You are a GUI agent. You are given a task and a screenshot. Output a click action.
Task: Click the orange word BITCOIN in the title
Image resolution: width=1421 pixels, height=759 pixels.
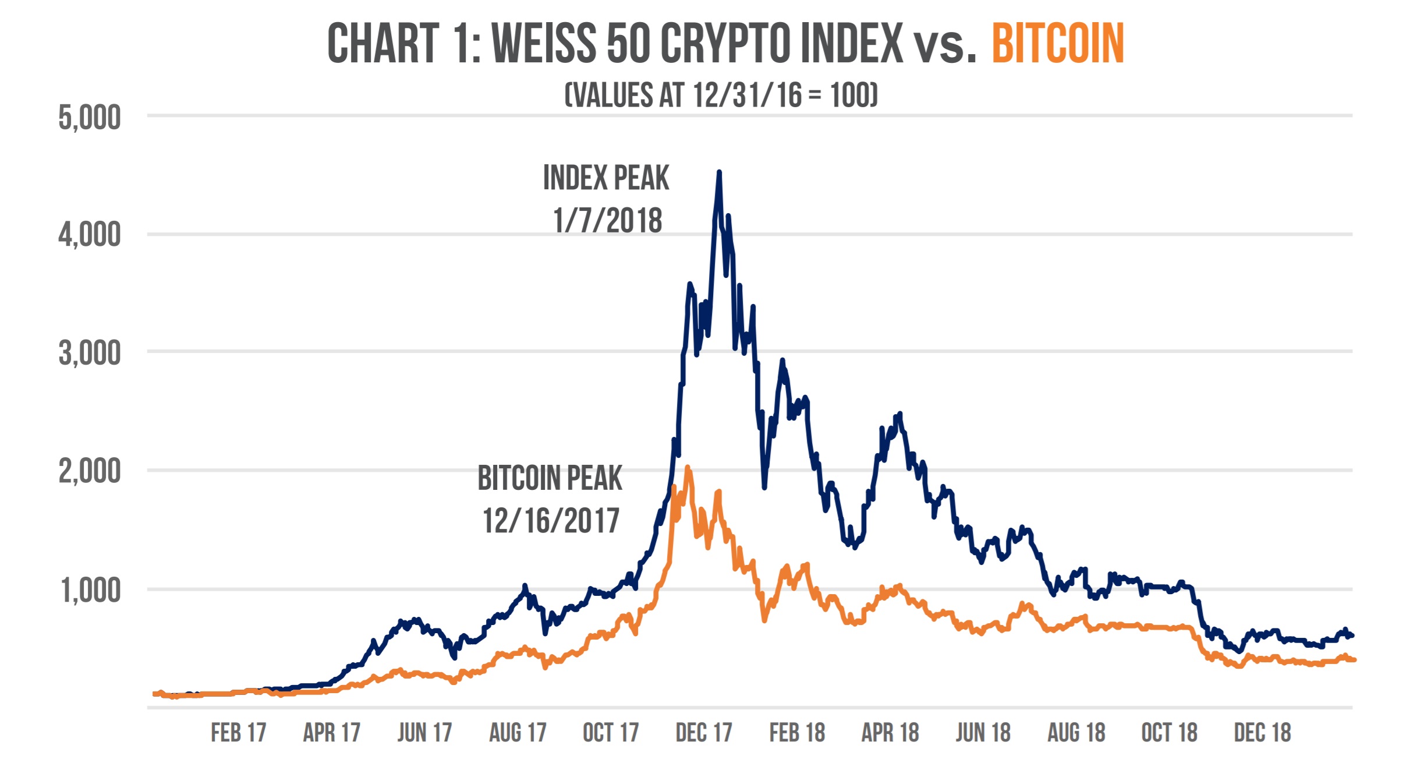point(1057,44)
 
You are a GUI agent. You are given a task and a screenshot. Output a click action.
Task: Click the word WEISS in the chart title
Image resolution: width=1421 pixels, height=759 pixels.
point(544,44)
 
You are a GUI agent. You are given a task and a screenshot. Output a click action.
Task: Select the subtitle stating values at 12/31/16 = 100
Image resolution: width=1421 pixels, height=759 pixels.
point(721,95)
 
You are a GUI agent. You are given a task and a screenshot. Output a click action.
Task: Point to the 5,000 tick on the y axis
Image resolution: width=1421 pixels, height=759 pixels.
point(90,118)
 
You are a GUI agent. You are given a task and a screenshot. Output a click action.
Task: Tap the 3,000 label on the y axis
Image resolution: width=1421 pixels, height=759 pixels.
point(90,353)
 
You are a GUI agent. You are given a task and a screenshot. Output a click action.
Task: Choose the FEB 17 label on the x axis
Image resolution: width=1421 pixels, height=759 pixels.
point(238,733)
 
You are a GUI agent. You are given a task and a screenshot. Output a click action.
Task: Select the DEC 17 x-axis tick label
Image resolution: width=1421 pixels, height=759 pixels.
point(703,733)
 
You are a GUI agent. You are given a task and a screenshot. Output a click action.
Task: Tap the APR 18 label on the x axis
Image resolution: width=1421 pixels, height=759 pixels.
point(890,733)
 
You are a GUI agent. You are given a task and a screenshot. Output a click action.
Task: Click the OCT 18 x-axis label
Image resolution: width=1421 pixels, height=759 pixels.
point(1169,733)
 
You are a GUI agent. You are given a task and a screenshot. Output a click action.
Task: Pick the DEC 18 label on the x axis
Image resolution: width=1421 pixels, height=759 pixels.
point(1262,733)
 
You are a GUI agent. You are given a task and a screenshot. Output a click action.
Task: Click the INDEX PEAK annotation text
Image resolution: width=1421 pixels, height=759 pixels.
point(606,178)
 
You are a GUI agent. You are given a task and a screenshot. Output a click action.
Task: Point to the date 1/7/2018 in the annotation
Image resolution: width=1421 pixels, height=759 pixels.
point(607,221)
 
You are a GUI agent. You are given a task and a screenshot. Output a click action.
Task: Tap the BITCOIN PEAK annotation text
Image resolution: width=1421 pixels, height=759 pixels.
point(550,478)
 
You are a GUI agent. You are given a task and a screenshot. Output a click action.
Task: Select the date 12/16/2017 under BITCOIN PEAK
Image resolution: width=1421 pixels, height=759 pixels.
point(551,521)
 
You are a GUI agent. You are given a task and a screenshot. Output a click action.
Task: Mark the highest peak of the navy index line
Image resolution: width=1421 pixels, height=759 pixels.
point(719,172)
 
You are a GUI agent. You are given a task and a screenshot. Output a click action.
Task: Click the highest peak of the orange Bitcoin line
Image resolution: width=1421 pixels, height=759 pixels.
point(688,467)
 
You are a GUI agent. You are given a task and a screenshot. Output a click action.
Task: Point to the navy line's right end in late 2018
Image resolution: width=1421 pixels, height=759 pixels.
point(1351,636)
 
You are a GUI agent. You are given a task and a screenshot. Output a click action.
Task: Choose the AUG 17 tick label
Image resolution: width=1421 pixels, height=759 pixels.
point(518,733)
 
